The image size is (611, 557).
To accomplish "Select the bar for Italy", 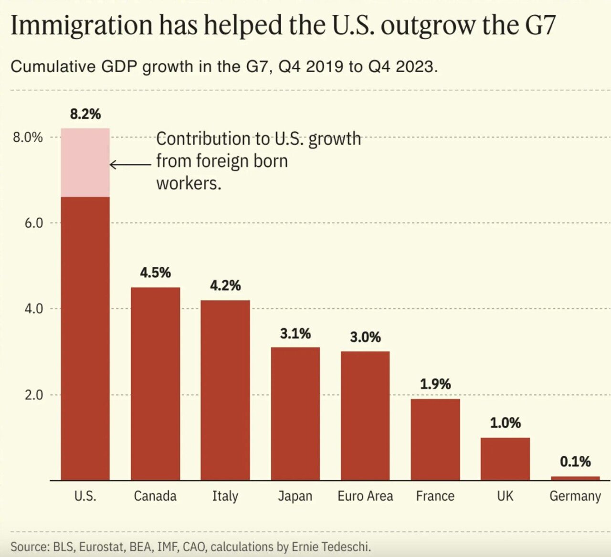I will pos(225,390).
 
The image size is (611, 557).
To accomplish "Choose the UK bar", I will pos(505,459).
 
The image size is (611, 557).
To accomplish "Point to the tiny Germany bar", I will pos(575,478).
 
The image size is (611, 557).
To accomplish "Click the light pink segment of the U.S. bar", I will pos(85,162).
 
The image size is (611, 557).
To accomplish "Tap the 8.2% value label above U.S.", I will pos(85,114).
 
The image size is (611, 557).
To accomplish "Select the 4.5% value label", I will pos(155,273).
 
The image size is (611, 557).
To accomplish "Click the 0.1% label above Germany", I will pos(575,462).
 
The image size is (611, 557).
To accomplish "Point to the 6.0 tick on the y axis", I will pos(33,223).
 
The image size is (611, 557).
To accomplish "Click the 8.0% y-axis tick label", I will pos(28,137).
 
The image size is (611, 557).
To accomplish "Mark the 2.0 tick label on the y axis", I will pos(33,395).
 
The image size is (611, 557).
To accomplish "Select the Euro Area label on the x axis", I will pos(365,496).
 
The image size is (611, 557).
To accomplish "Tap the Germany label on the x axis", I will pos(575,496).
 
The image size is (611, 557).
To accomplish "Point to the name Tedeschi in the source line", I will pos(348,546).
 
